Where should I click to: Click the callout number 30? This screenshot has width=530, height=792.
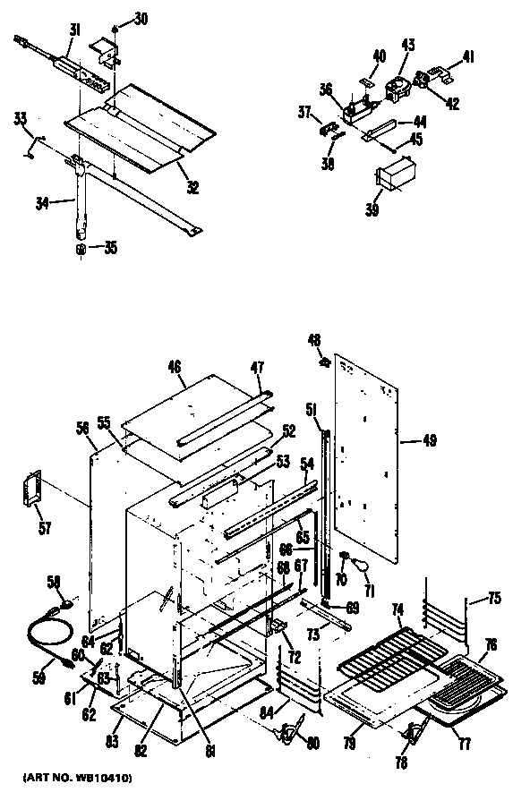pyautogui.click(x=141, y=19)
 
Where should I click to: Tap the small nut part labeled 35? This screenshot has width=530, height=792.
pyautogui.click(x=81, y=248)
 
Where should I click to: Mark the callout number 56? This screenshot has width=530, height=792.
pyautogui.click(x=82, y=430)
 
